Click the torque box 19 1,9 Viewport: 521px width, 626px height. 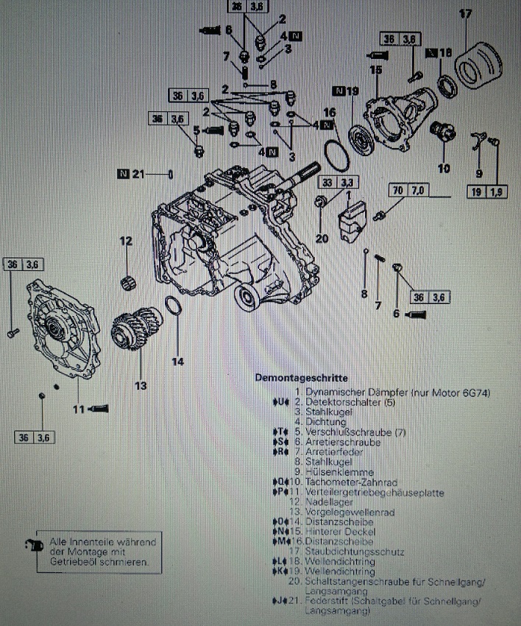[x=486, y=193]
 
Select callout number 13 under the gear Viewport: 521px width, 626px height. [x=140, y=385]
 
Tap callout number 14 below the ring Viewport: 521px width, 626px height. [x=177, y=361]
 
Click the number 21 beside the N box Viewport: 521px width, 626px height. [x=138, y=174]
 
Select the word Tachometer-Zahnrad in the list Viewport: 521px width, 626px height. [x=339, y=482]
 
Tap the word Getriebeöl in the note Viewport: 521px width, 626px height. [x=74, y=563]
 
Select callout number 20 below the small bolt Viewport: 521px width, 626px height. [x=322, y=238]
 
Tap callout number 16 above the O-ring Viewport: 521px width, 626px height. [x=328, y=112]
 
